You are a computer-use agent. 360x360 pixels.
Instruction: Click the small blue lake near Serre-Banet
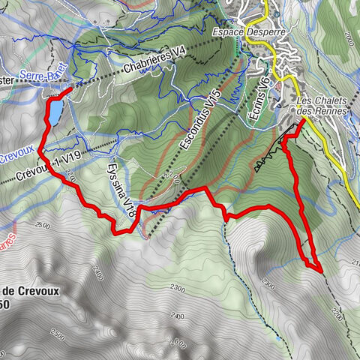(x=55, y=111)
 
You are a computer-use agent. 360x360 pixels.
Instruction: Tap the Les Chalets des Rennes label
(x=323, y=106)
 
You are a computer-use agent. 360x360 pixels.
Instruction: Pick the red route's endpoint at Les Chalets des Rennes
(x=302, y=121)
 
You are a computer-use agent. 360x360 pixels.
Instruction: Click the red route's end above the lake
(x=72, y=90)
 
